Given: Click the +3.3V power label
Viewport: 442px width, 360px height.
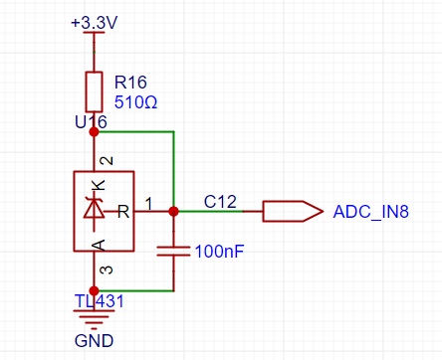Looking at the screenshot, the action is pos(95,23).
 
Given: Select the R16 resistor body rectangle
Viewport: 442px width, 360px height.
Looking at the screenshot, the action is pos(94,91).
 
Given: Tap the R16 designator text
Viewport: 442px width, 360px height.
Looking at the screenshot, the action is pos(130,83).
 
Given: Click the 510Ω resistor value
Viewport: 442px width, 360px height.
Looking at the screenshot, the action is pos(135,102).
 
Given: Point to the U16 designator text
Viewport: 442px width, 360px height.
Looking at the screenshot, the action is pos(91,122).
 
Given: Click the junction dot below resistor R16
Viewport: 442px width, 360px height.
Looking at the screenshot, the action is pos(94,132).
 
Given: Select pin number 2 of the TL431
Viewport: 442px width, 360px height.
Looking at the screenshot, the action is pos(107,161).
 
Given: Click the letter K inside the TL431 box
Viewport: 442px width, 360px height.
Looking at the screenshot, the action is pos(99,185).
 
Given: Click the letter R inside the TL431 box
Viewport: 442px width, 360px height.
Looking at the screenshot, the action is pos(123,211).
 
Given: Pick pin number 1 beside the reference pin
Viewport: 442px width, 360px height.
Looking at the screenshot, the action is pos(148,204).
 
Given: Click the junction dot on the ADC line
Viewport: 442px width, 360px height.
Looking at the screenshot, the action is pos(173,211).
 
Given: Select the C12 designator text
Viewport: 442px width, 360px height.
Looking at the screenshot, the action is pos(220,202).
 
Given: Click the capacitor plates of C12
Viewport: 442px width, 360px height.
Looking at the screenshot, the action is pos(173,251).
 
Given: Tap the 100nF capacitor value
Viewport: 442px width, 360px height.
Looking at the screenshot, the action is pos(220,252).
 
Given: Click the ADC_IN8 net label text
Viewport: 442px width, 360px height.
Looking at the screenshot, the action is pos(371,212).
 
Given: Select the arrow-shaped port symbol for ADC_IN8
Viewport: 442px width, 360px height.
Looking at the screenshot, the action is pos(293,211).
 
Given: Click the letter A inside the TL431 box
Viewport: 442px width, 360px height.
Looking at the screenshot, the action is pos(99,245).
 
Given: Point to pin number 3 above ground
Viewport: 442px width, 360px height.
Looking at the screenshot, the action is pos(107,270).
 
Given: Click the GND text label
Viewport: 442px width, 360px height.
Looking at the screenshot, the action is pos(95,341).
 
